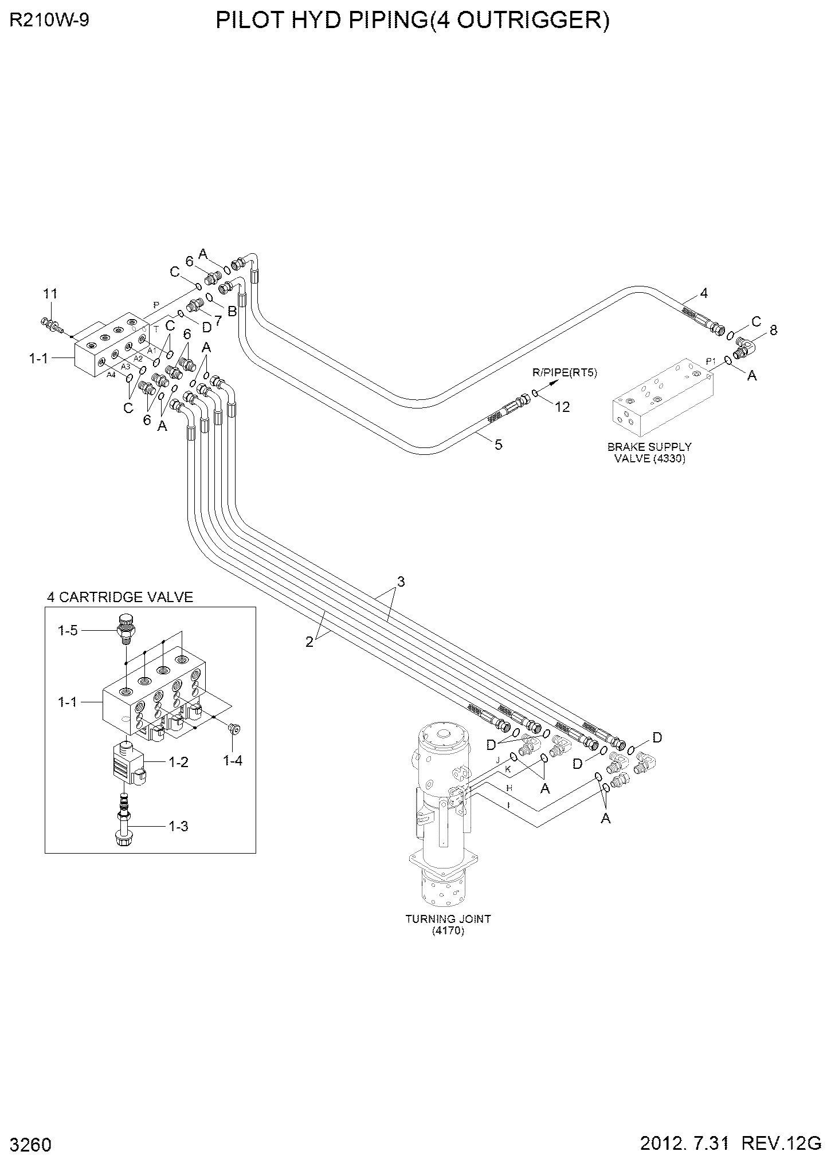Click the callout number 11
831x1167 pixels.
pyautogui.click(x=50, y=294)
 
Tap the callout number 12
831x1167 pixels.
pyautogui.click(x=563, y=407)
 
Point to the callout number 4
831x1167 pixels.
pyautogui.click(x=704, y=293)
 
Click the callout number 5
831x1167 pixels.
pyautogui.click(x=499, y=445)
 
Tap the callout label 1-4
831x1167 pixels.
pyautogui.click(x=232, y=760)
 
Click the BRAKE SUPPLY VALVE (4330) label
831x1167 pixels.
pyautogui.click(x=650, y=453)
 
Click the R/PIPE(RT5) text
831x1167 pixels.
pyautogui.click(x=565, y=373)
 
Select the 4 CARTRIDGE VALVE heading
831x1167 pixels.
pyautogui.click(x=120, y=597)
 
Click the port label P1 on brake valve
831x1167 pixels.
pyautogui.click(x=711, y=361)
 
